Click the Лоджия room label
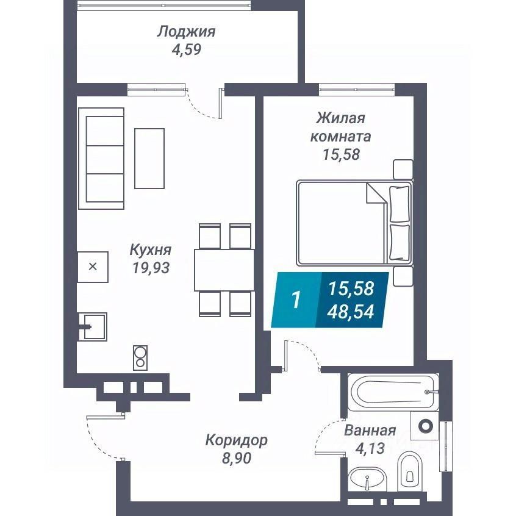(186, 31)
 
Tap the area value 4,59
(186, 49)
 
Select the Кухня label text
(150, 249)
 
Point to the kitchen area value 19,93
(150, 267)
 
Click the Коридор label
(236, 440)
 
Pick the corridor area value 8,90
(236, 457)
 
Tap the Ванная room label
(370, 431)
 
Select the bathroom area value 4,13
(370, 449)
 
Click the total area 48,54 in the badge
(351, 312)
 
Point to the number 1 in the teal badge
(296, 300)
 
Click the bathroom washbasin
(367, 479)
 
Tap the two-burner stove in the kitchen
(140, 357)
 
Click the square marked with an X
(93, 267)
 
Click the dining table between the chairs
(224, 270)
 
